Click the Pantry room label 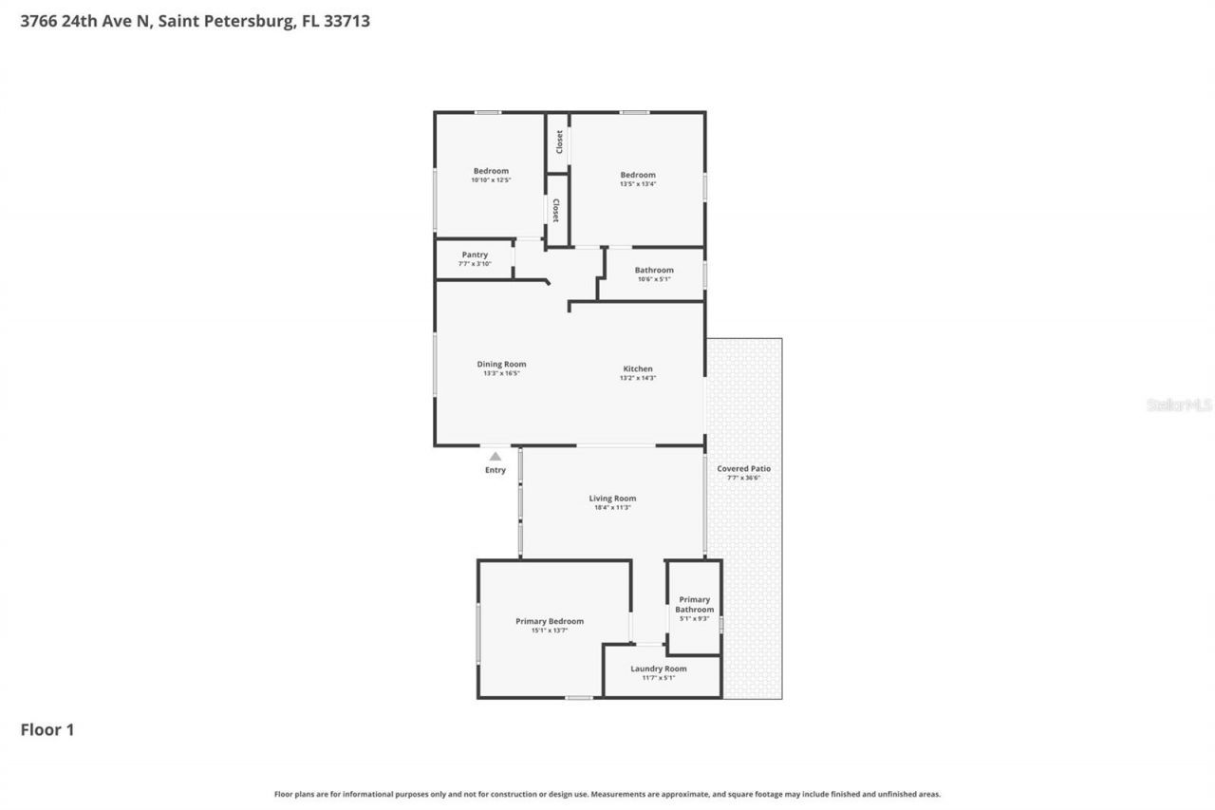[x=475, y=254]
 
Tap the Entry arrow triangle [x=495, y=457]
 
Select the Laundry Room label [x=658, y=669]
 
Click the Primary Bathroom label [x=694, y=605]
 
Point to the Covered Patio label [x=743, y=468]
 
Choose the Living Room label [x=612, y=499]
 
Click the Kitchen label [x=637, y=368]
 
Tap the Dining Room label [x=501, y=364]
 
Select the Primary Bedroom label [x=550, y=621]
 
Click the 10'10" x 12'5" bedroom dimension [x=491, y=179]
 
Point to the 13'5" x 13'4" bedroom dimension [x=637, y=183]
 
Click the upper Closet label [x=559, y=141]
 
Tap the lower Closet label [x=556, y=210]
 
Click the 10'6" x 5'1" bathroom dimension [x=654, y=279]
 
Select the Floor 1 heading [x=47, y=729]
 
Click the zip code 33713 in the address [x=346, y=20]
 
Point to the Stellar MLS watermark [x=1179, y=405]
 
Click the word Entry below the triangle [x=495, y=470]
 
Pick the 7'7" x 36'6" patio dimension [x=743, y=478]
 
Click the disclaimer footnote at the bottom [x=607, y=794]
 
